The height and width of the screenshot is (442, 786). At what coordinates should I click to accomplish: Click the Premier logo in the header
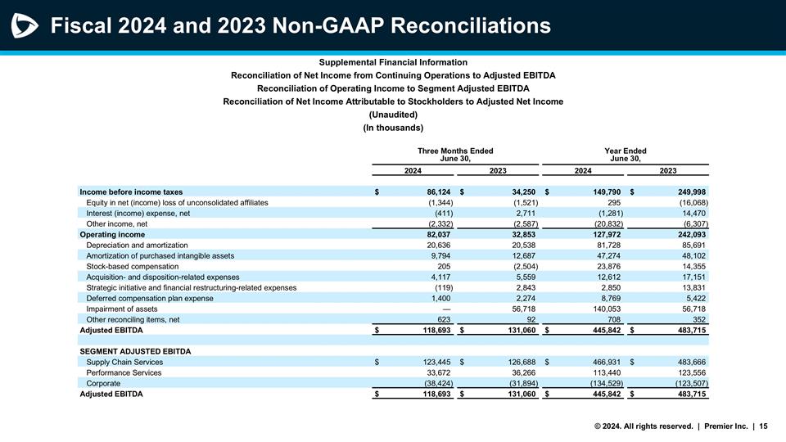(25, 26)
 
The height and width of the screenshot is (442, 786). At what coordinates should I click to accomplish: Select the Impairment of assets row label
(122, 309)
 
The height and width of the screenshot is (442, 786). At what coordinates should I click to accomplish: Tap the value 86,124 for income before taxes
(434, 192)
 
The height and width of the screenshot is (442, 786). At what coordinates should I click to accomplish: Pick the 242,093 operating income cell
(689, 234)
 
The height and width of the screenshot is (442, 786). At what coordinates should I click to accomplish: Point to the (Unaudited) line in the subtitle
(393, 115)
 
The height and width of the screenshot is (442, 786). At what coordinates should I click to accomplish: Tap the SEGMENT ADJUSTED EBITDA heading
(135, 351)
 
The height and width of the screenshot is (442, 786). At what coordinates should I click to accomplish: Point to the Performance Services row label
(124, 372)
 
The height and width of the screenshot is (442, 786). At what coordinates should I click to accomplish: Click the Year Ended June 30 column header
(625, 155)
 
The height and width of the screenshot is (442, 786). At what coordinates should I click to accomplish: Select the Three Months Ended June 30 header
(455, 155)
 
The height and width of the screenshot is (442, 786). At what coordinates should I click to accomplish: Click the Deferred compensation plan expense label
(149, 298)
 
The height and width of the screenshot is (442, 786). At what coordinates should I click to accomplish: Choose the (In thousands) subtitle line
(393, 129)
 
